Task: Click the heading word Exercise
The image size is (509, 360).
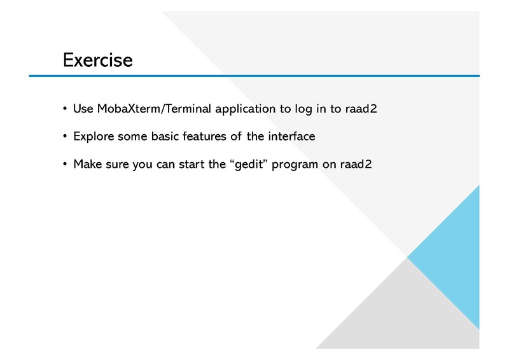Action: click(97, 60)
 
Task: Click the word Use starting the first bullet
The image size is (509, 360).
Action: click(83, 109)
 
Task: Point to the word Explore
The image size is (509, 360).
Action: click(94, 136)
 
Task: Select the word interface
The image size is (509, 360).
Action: click(291, 136)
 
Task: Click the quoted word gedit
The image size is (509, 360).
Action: click(249, 164)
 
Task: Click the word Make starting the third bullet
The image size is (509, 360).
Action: click(87, 164)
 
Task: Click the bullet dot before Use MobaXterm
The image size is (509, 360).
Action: click(65, 109)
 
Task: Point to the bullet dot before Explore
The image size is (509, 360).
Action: click(65, 136)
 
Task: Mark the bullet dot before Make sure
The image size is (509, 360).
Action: click(65, 164)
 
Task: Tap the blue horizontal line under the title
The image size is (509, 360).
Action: click(254, 76)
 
